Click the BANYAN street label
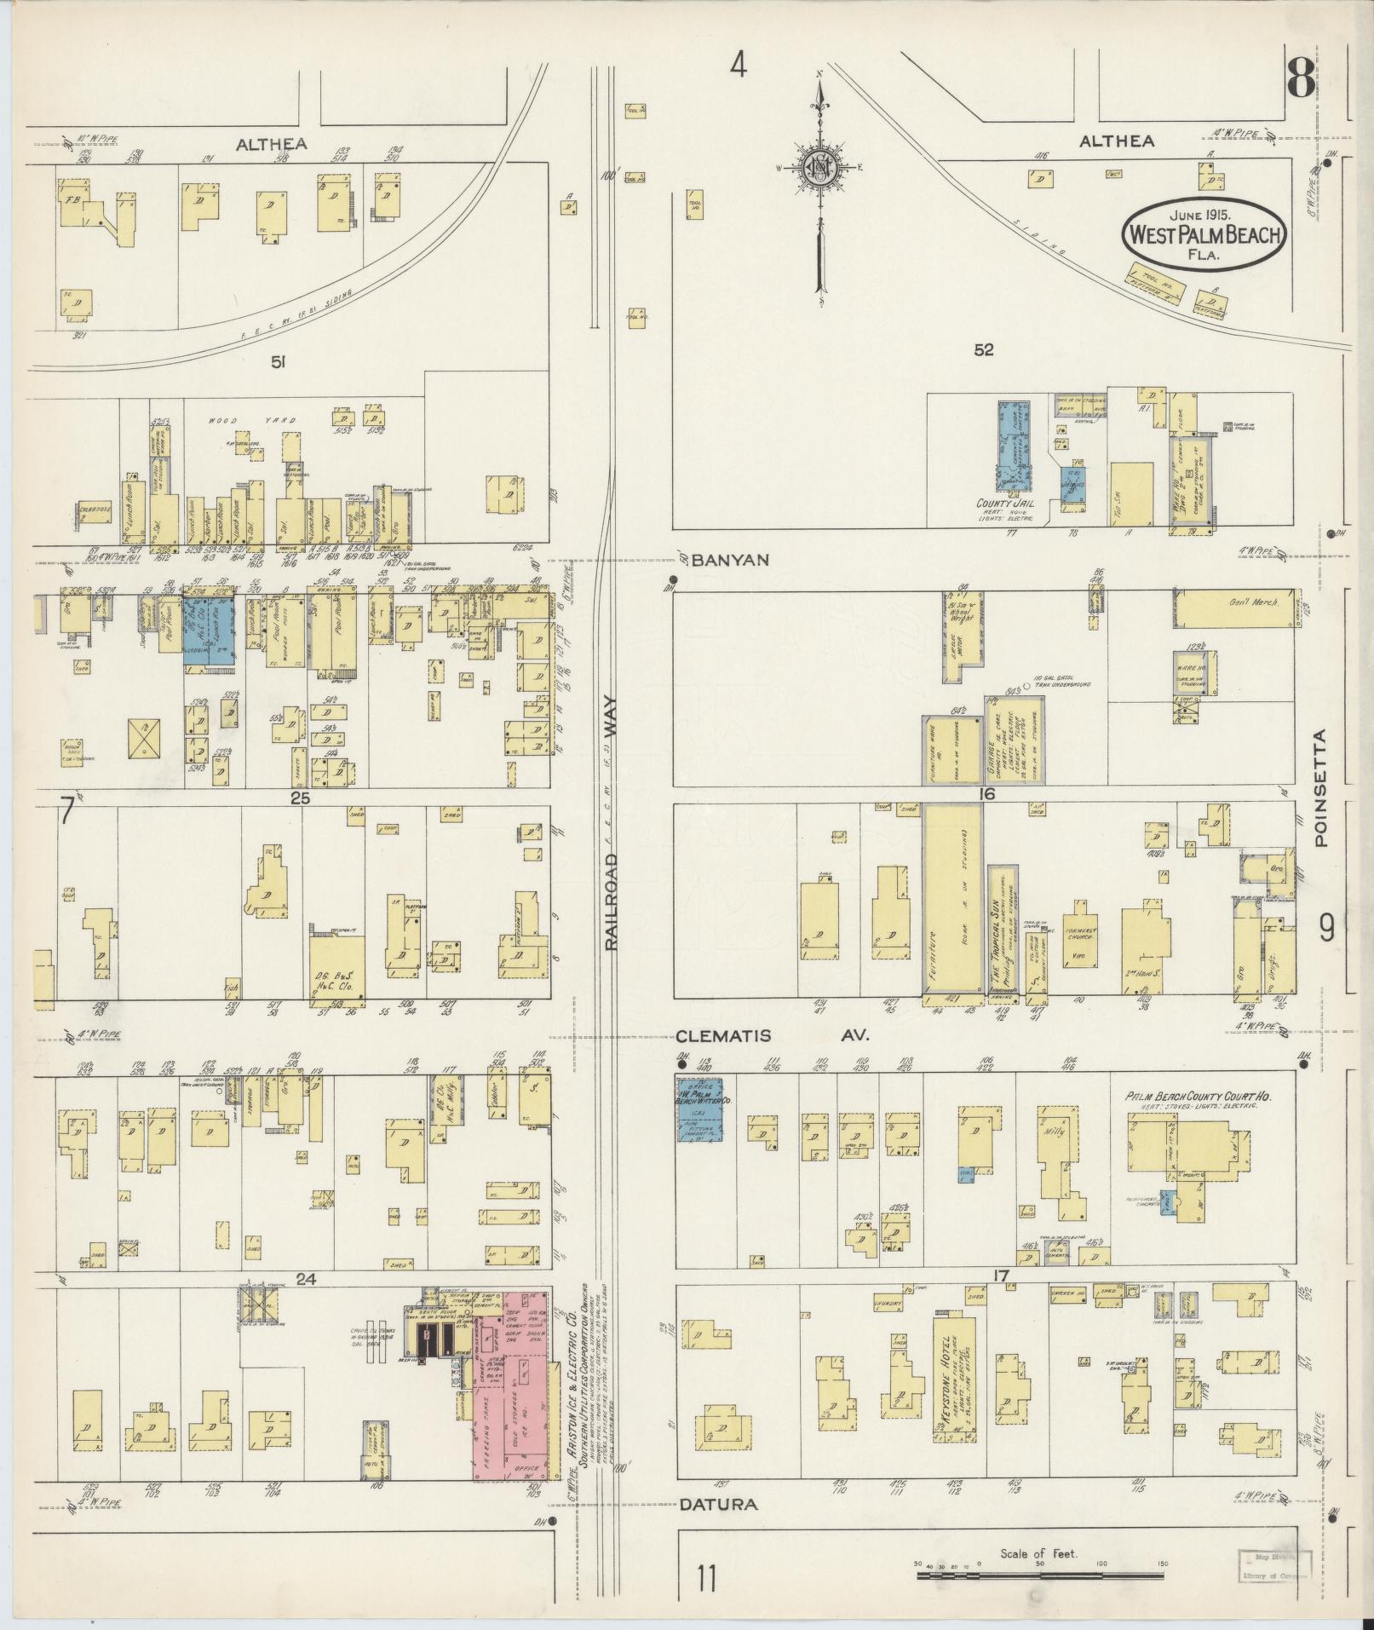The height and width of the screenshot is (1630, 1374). point(730,560)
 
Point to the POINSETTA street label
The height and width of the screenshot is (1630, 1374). point(1320,787)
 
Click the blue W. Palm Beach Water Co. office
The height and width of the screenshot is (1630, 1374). point(699,1109)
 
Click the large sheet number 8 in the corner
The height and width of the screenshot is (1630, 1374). point(1300,79)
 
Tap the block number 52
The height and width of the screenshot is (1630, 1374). point(983,349)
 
